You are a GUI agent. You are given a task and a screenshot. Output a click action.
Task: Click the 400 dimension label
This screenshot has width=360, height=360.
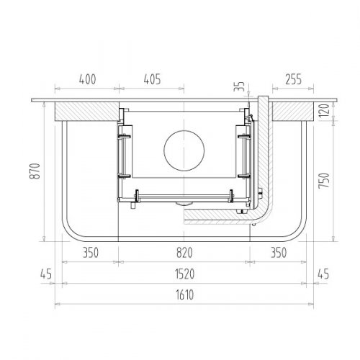pyautogui.click(x=88, y=79)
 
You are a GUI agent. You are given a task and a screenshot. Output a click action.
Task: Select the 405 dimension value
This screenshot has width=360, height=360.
pyautogui.click(x=152, y=79)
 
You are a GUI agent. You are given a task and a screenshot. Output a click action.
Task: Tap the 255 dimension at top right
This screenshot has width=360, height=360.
pyautogui.click(x=293, y=79)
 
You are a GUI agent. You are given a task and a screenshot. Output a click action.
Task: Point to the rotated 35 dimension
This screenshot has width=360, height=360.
pyautogui.click(x=239, y=86)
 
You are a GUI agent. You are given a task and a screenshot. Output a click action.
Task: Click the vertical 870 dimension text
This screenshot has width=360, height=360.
pyautogui.click(x=35, y=171)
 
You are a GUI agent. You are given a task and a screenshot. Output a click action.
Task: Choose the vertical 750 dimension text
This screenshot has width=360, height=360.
pyautogui.click(x=324, y=181)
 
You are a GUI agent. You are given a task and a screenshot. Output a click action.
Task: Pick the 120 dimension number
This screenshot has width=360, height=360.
pyautogui.click(x=324, y=110)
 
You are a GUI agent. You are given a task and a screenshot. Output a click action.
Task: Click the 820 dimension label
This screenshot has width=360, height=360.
pyautogui.click(x=184, y=253)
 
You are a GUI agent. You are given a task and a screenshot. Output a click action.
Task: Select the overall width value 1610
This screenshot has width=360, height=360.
pyautogui.click(x=184, y=294)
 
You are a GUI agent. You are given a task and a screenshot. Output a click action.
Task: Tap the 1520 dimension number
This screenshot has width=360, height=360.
pyautogui.click(x=184, y=274)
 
